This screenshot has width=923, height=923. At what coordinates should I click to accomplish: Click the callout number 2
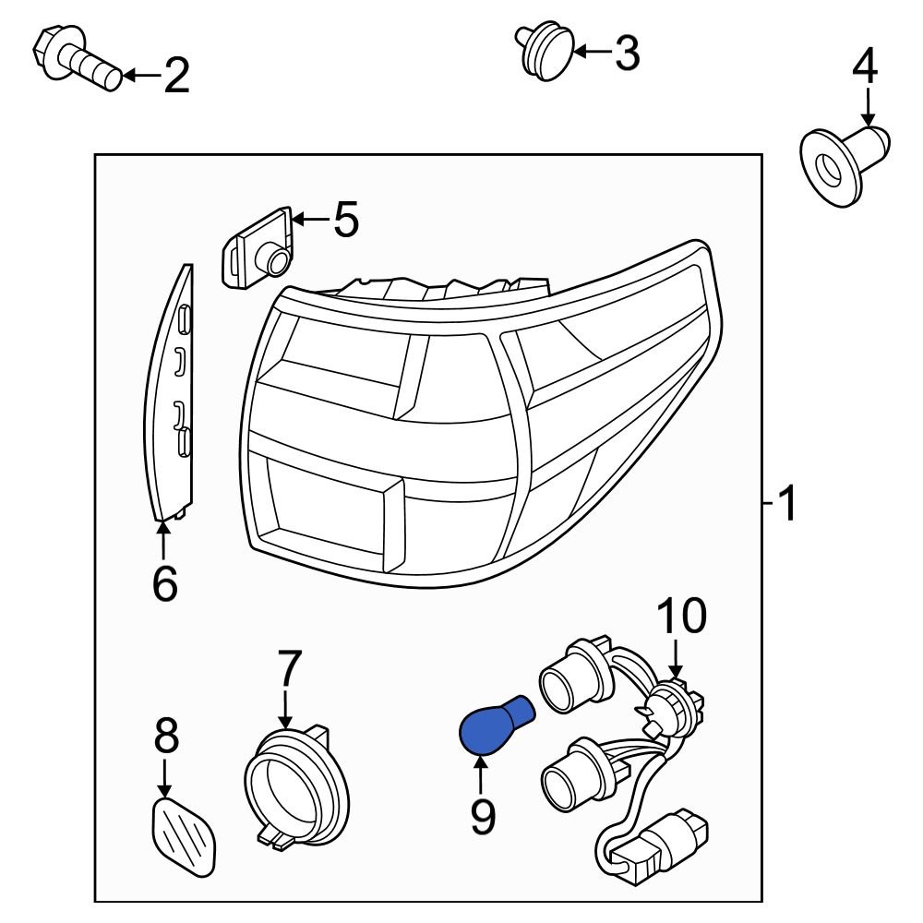(x=176, y=76)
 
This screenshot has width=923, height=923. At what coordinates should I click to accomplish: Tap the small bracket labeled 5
(x=258, y=248)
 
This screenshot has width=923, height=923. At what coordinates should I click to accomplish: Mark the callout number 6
(x=163, y=583)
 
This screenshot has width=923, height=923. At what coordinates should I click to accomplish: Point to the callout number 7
(x=289, y=668)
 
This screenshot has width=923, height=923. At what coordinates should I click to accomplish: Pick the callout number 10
(x=680, y=616)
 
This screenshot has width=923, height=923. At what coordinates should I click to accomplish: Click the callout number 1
(x=786, y=505)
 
